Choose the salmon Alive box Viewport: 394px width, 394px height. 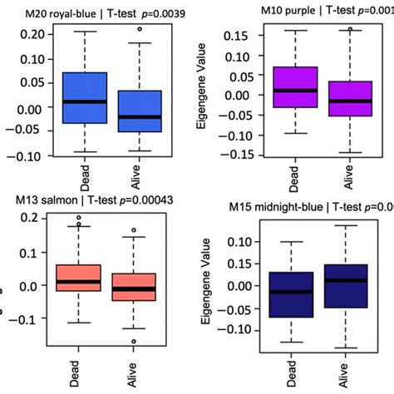pos(140,287)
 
